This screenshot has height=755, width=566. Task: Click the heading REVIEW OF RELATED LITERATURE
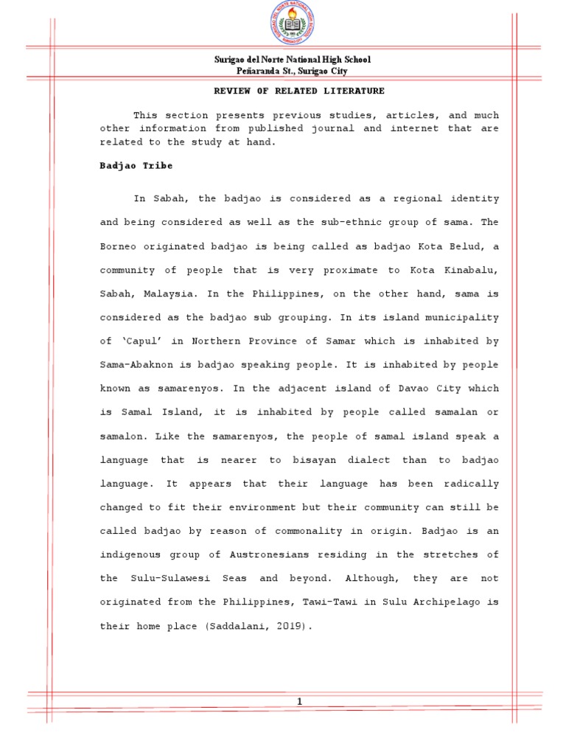[x=299, y=91]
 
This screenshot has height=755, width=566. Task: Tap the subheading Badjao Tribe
[x=136, y=166]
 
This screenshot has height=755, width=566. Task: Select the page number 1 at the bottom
[x=299, y=701]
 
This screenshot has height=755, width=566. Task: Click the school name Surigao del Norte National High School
[x=293, y=60]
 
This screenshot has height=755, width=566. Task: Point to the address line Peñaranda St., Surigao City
[x=293, y=71]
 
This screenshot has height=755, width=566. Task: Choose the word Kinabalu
[x=472, y=271]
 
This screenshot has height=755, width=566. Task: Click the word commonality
[x=284, y=532]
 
